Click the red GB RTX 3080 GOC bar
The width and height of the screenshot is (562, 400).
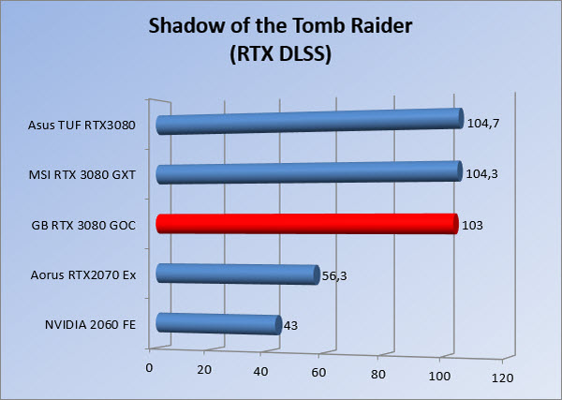pos(307,224)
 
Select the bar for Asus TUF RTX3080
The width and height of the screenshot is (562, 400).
pos(310,121)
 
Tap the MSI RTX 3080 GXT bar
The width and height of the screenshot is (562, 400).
pos(309,172)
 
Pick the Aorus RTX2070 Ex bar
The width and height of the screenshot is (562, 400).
pos(238,274)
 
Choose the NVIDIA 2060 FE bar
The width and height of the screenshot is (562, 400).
pos(218,324)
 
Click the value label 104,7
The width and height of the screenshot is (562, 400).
pos(483,124)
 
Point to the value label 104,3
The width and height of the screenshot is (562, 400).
pos(481,174)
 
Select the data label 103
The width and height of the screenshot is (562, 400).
pos(472,226)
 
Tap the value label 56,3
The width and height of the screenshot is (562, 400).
pos(334,276)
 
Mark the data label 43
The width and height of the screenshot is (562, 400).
pos(290,326)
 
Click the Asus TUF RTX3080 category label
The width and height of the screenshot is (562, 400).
pos(81,126)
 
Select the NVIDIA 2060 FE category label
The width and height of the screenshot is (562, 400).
pos(90,325)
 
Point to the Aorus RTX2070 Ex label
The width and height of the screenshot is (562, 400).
pos(83,275)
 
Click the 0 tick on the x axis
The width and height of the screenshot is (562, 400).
pos(149,368)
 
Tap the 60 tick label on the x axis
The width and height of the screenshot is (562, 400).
pos(318,373)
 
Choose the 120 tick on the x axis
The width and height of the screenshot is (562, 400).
pos(502,378)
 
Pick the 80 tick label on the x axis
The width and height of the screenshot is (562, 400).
pos(378,375)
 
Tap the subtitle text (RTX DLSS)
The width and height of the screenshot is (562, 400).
pos(281,54)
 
